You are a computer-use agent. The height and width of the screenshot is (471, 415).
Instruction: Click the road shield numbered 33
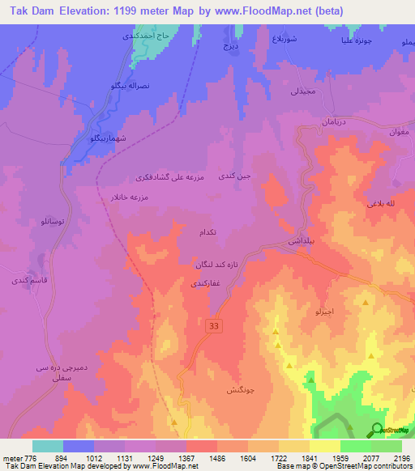[x=214, y=325]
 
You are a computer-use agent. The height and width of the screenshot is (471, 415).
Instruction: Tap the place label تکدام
[x=207, y=232]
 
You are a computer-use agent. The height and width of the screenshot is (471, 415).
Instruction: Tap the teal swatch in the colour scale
[x=48, y=446]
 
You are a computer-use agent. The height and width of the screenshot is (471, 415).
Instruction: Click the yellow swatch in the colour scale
[x=324, y=446]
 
